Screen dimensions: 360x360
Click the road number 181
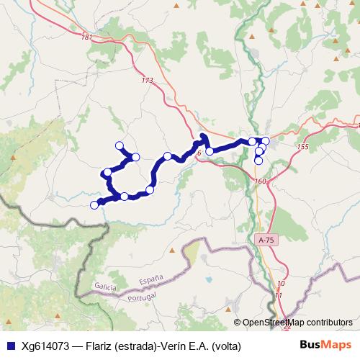click(87, 37)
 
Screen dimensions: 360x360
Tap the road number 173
click(148, 81)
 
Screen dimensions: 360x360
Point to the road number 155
click(302, 146)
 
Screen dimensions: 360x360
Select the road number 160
click(261, 181)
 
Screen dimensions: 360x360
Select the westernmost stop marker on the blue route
click(94, 205)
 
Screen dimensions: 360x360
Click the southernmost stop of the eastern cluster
click(258, 161)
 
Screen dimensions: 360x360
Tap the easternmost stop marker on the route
click(266, 140)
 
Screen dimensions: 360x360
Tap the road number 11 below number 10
click(279, 296)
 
